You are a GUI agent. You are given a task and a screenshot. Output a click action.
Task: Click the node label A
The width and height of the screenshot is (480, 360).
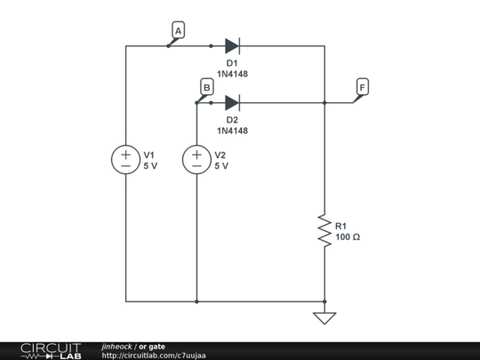[178, 31]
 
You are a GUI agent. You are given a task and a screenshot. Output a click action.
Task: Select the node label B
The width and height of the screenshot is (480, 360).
[206, 87]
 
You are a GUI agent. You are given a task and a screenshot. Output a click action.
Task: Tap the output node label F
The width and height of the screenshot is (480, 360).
[362, 87]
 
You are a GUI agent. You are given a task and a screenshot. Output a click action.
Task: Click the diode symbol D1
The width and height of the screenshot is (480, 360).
[232, 45]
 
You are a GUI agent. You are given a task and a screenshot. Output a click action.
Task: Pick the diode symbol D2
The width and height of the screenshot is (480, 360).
[232, 102]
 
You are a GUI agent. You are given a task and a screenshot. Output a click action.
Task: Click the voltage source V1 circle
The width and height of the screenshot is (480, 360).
[125, 160]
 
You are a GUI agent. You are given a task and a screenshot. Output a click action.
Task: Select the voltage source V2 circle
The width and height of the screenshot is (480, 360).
[196, 160]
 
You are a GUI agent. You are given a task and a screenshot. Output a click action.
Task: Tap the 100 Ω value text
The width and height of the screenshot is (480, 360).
[348, 237]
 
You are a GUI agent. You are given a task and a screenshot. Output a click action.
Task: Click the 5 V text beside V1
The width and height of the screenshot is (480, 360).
[150, 166]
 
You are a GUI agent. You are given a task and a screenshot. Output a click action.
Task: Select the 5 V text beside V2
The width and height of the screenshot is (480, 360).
[221, 166]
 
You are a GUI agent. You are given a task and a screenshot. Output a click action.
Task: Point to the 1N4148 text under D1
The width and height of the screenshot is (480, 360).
[232, 74]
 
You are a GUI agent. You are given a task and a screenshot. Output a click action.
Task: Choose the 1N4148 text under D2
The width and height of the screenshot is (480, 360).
[232, 131]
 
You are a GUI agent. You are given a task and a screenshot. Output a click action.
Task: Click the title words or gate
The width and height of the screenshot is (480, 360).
[151, 346]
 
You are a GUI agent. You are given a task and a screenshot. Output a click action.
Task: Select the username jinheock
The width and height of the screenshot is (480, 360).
[116, 346]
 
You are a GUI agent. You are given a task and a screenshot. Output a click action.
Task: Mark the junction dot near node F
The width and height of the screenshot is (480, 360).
[324, 102]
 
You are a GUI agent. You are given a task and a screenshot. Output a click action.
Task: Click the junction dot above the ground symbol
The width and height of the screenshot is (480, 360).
[324, 301]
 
